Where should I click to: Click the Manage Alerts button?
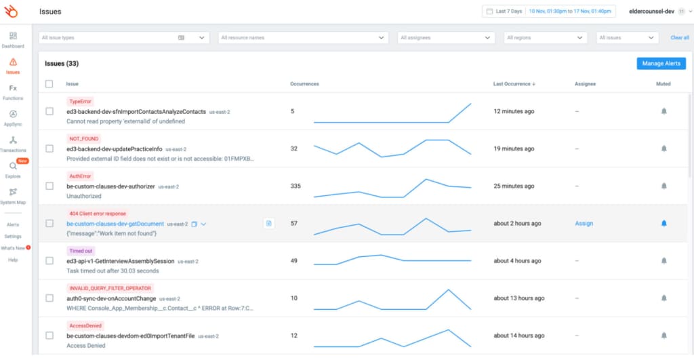coord(661,63)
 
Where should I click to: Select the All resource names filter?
coord(302,38)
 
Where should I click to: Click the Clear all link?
coord(679,38)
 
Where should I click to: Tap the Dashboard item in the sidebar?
coord(13,40)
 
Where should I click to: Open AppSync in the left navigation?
coord(13,118)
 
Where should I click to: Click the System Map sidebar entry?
coord(13,196)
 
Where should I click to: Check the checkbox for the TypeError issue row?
coord(49,111)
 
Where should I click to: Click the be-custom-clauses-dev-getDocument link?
coord(115,224)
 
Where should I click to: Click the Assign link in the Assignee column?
coord(584,223)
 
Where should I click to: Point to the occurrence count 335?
coord(295,186)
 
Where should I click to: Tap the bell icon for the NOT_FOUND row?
coord(664,148)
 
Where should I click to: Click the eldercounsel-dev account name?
coord(651,12)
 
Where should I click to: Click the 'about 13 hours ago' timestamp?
coord(518,298)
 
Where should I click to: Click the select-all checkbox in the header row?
coord(49,84)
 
